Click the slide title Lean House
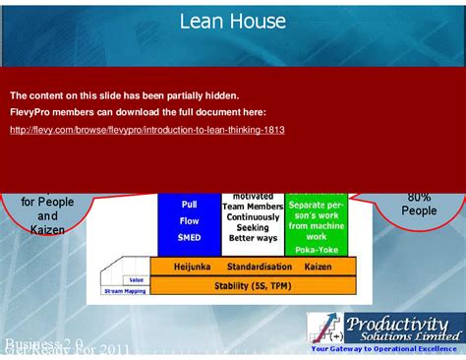[x=233, y=21]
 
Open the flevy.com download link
[x=147, y=130]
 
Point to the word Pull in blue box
[x=189, y=205]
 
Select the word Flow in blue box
[x=189, y=221]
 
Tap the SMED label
[x=189, y=238]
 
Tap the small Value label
[x=136, y=280]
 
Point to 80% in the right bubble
[x=420, y=197]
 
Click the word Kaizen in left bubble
[x=48, y=230]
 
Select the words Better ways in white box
[x=252, y=237]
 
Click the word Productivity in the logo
[x=402, y=323]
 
